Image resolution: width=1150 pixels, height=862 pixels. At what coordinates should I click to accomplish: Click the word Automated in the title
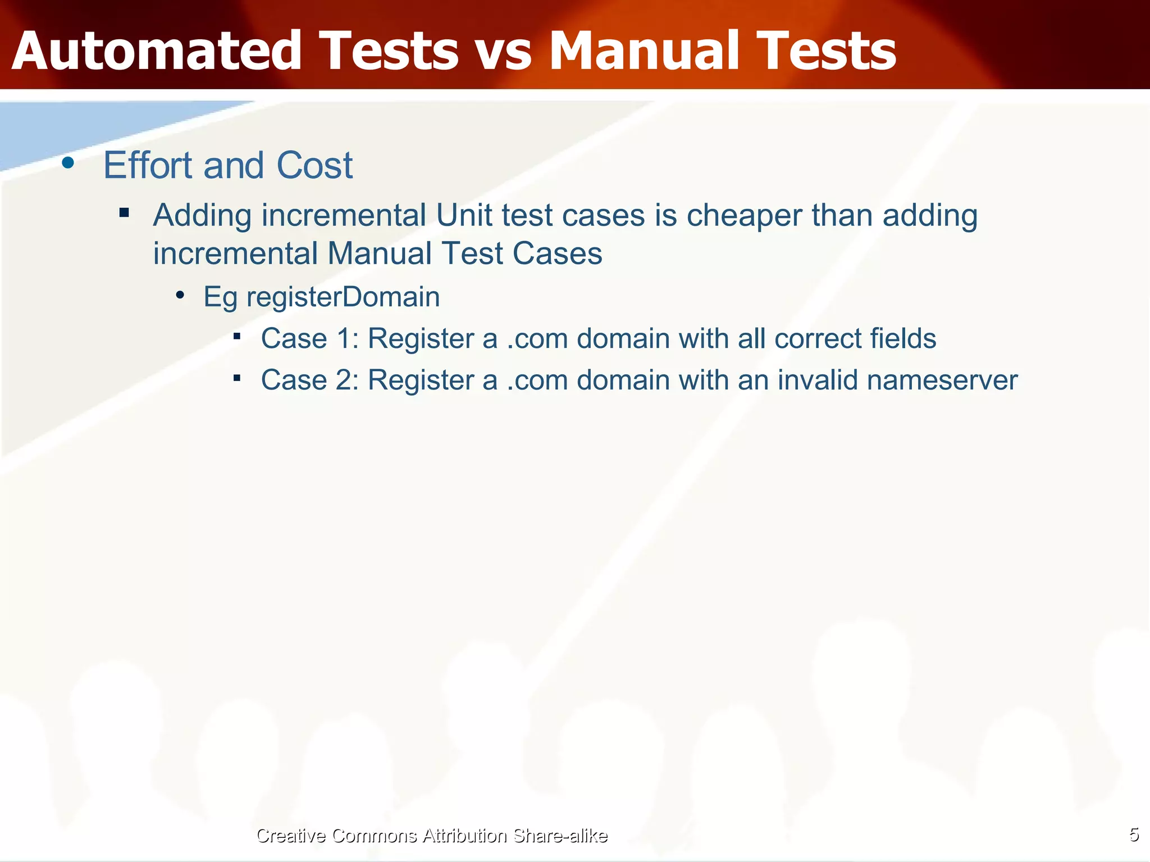(157, 51)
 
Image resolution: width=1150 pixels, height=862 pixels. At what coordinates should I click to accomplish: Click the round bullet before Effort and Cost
(69, 163)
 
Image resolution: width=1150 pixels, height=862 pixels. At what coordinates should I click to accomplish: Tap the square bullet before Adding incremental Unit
(124, 213)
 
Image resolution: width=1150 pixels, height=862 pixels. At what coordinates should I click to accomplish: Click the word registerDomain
(343, 297)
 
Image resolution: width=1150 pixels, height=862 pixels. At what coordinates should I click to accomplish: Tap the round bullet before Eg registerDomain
(180, 295)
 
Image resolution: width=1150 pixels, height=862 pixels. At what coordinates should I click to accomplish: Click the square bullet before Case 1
(237, 336)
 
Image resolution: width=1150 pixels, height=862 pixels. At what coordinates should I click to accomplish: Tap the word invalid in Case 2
(818, 380)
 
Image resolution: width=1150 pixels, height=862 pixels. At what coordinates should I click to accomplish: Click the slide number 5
(1134, 835)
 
